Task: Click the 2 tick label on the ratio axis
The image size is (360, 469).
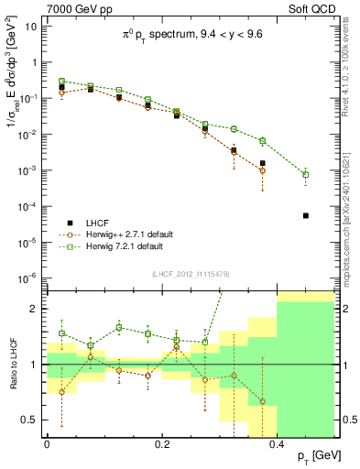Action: click(35, 309)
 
